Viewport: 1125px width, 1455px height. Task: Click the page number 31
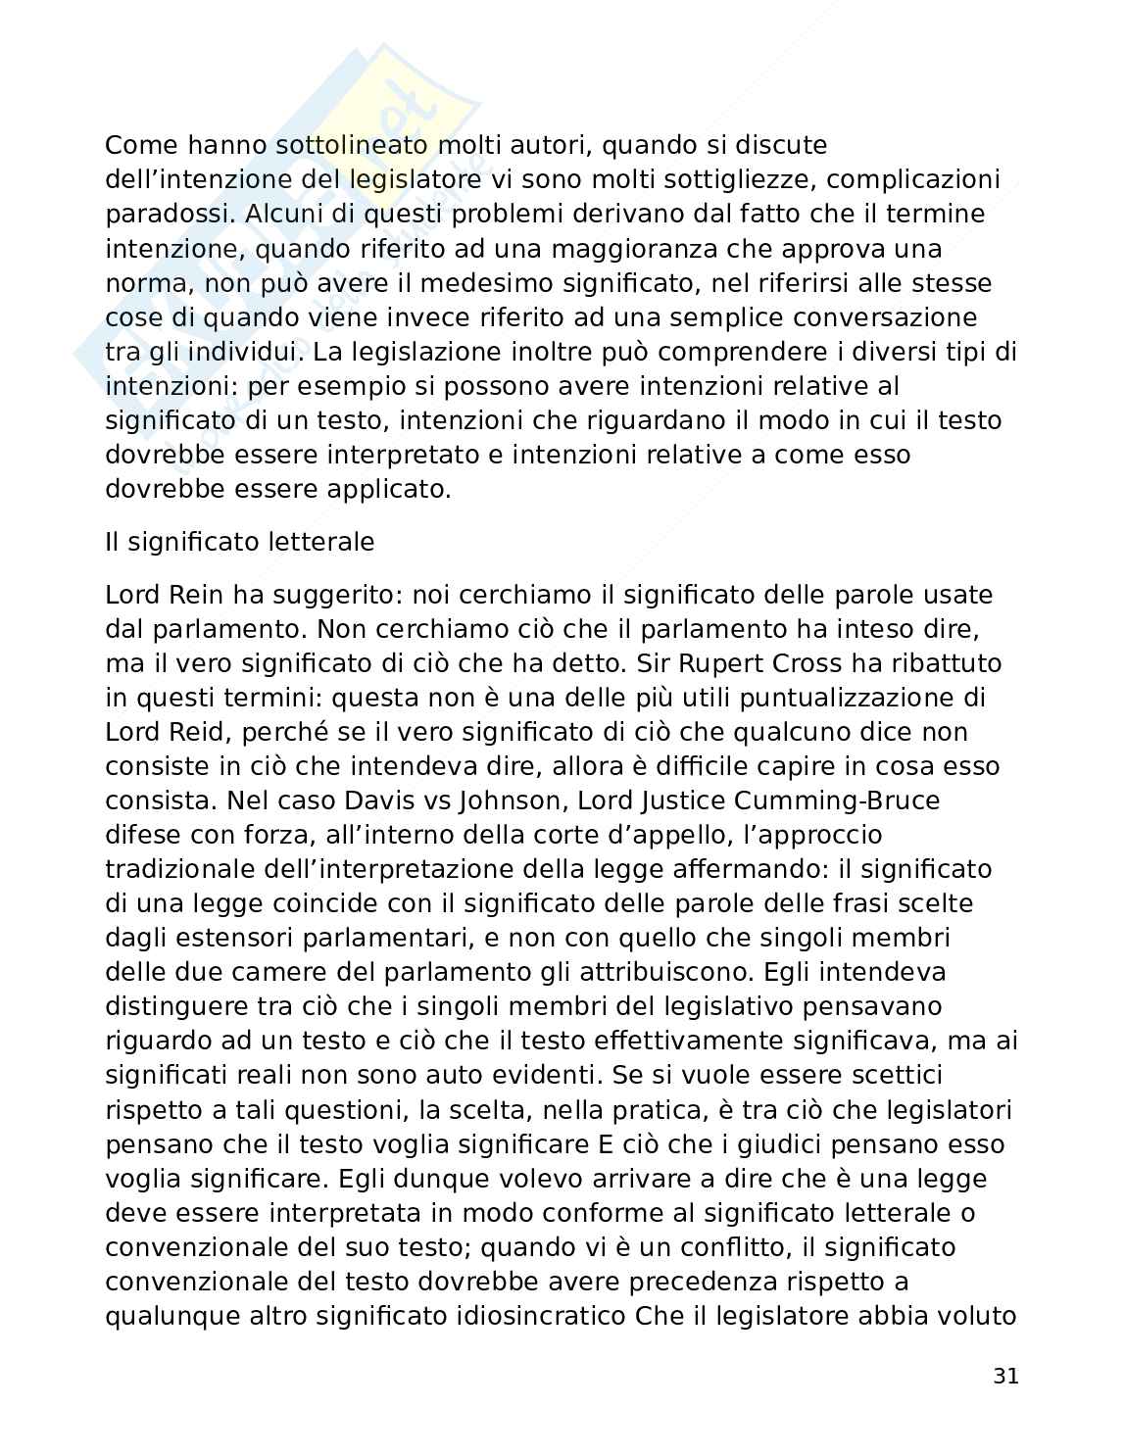[x=1005, y=1377]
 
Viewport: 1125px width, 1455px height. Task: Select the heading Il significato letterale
[x=239, y=542]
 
